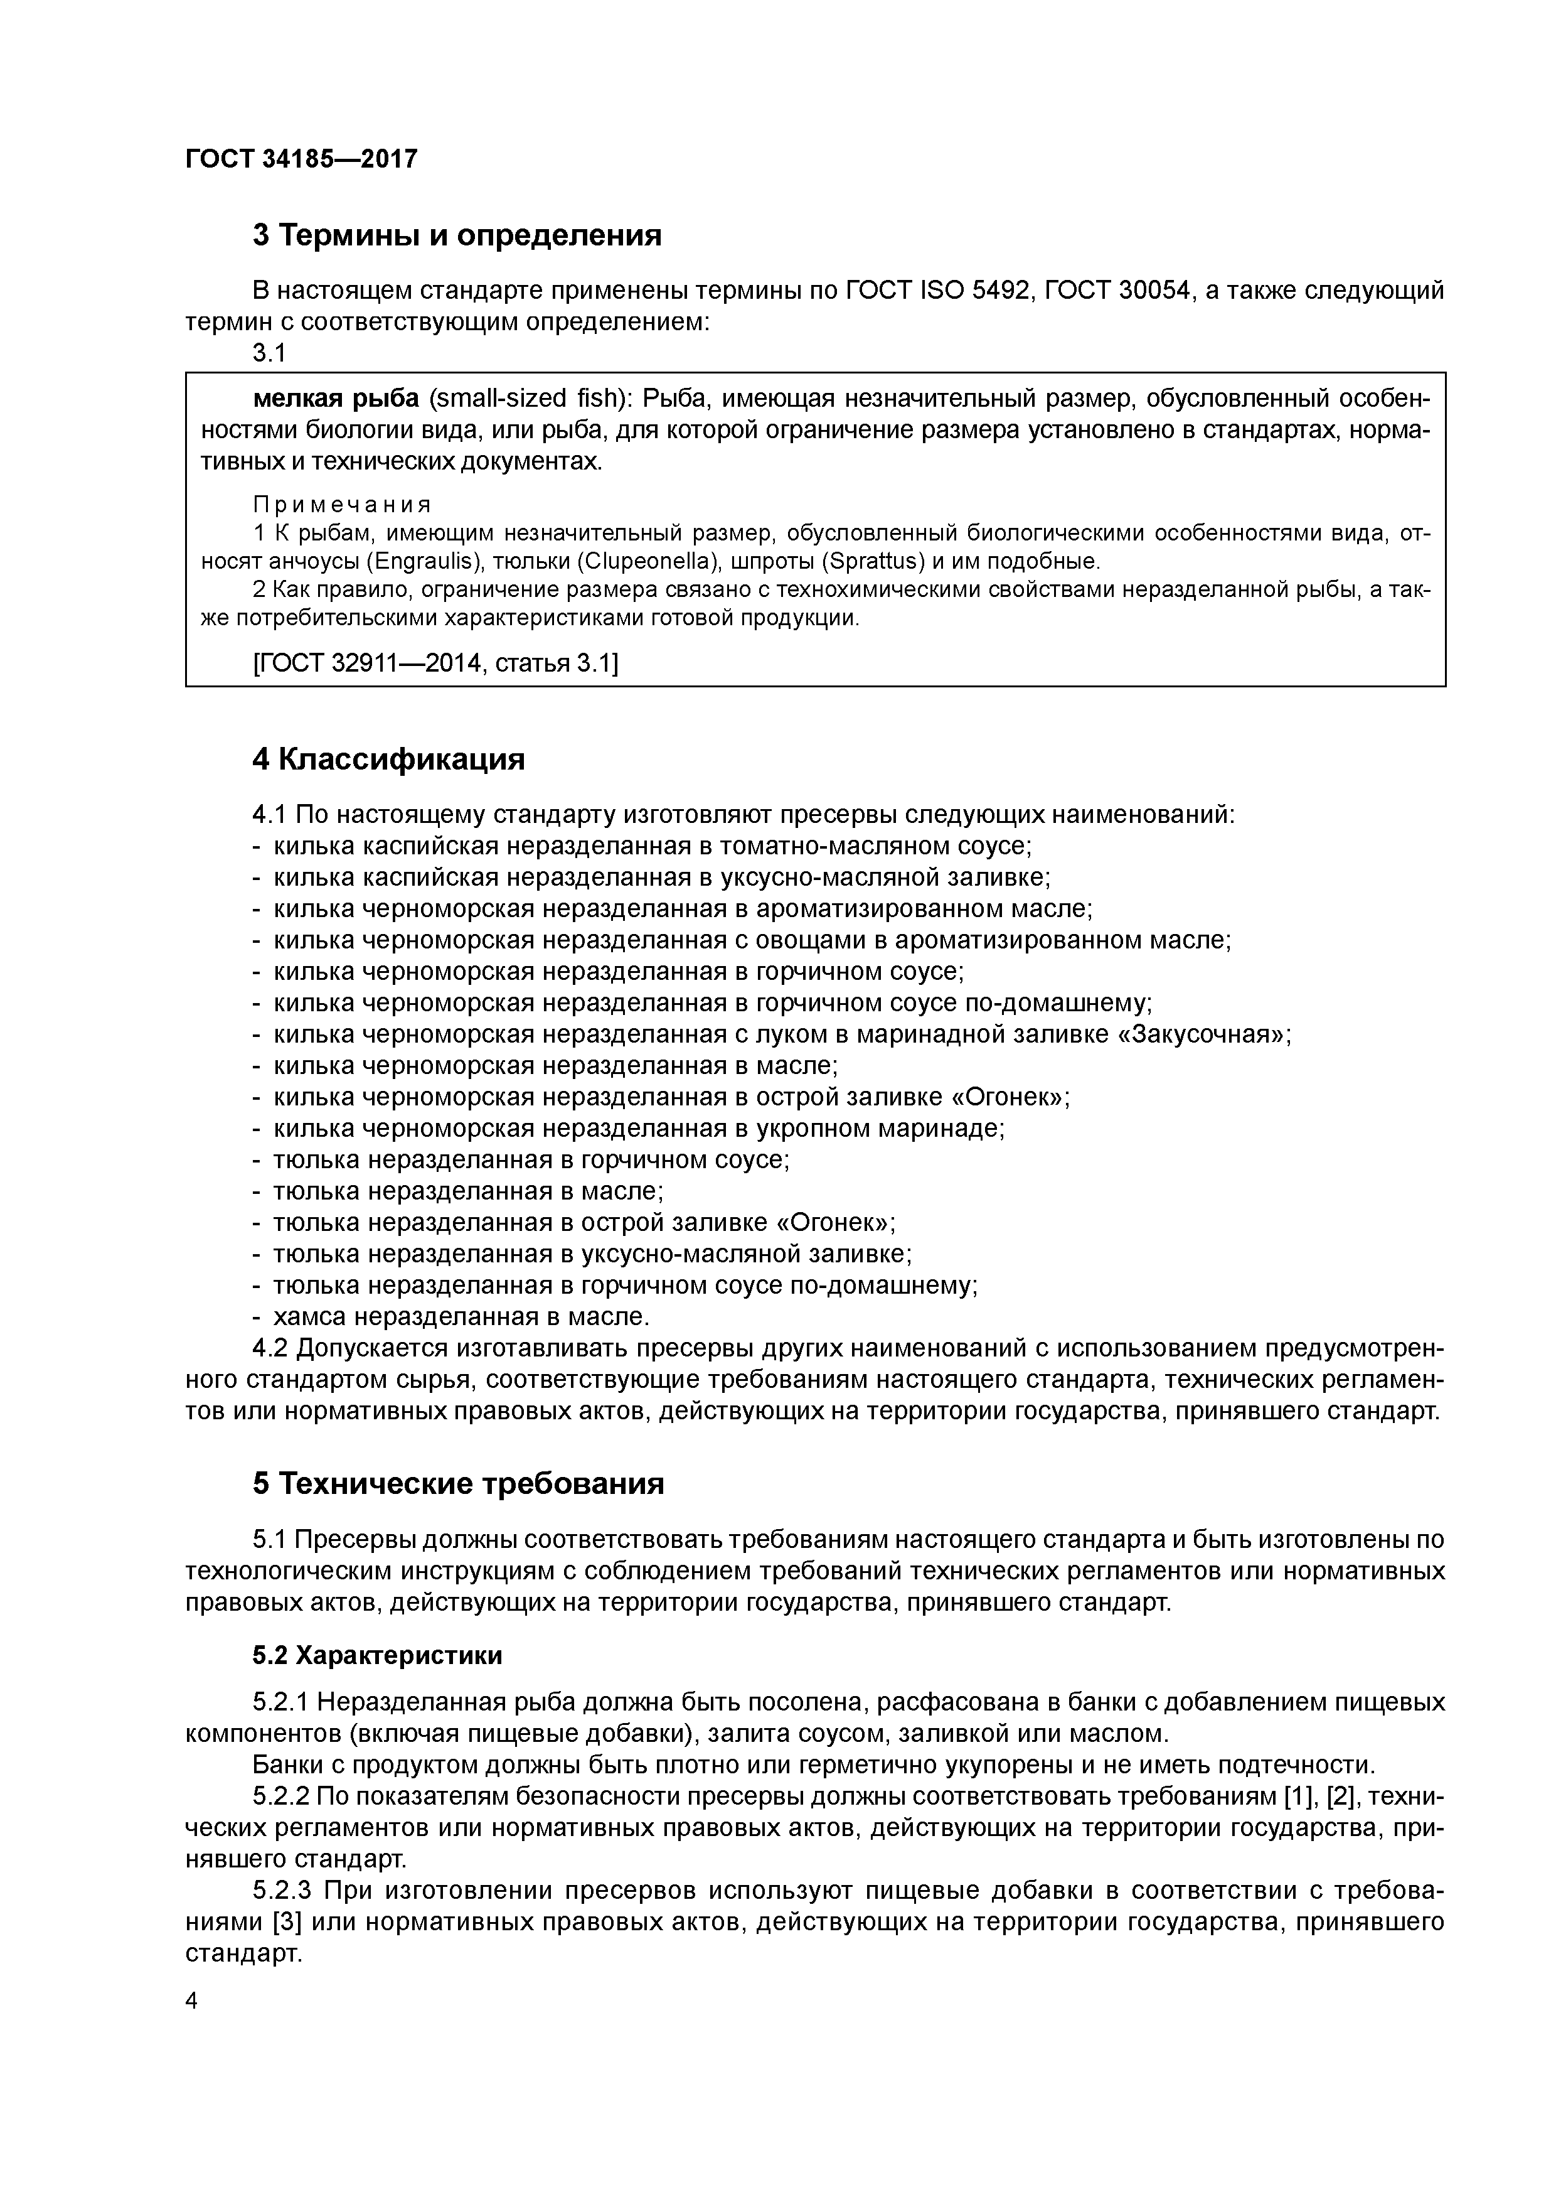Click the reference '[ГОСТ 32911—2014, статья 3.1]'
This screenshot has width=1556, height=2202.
435,663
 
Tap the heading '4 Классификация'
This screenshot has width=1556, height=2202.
388,760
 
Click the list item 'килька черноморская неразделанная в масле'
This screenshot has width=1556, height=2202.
554,1065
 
